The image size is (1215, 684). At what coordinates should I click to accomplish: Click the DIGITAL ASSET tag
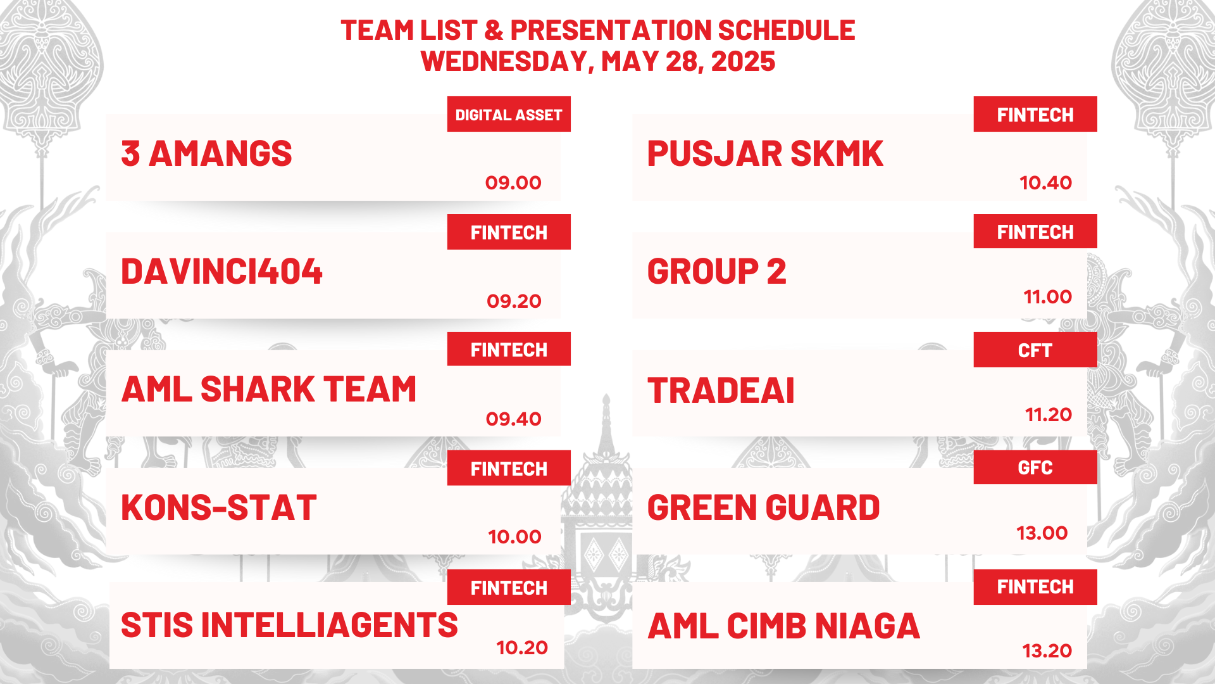click(509, 114)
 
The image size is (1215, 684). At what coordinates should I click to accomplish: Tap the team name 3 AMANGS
click(206, 154)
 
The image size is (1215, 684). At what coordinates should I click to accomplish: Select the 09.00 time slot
click(513, 183)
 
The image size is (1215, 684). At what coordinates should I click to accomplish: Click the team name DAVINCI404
click(221, 272)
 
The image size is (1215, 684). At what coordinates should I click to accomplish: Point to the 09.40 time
click(513, 419)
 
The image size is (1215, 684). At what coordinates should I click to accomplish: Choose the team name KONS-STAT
click(218, 508)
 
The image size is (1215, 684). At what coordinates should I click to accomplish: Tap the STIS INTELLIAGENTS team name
click(289, 626)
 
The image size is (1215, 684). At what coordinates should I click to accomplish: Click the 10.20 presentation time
click(522, 648)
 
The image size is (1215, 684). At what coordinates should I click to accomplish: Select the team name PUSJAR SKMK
click(765, 154)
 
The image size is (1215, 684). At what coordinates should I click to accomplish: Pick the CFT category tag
click(1035, 350)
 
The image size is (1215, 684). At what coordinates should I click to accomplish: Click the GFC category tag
click(1035, 467)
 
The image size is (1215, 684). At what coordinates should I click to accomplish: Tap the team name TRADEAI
click(721, 390)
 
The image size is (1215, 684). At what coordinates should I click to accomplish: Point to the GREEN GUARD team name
click(764, 508)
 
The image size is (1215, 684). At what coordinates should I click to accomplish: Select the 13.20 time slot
click(1047, 651)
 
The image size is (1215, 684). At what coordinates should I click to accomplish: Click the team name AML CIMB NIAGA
click(783, 626)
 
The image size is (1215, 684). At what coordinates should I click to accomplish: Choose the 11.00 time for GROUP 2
click(1048, 297)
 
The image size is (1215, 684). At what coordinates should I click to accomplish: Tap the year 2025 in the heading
click(743, 61)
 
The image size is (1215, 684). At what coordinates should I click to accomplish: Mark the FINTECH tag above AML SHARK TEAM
click(509, 349)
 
